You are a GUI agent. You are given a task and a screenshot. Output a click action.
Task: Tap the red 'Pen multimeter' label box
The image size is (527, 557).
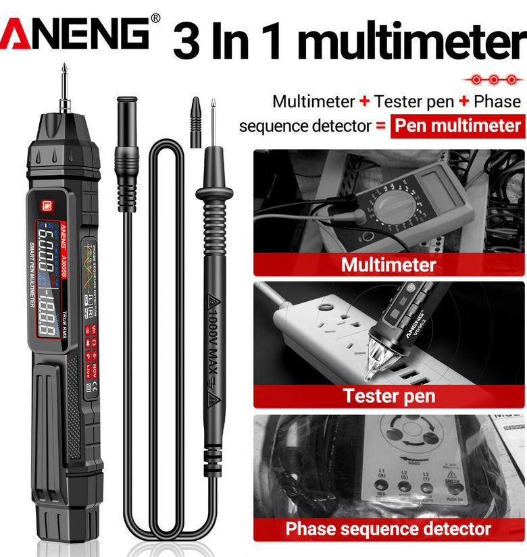pos(457,126)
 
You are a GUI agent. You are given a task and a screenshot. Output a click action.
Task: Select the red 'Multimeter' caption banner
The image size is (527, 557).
pos(388,264)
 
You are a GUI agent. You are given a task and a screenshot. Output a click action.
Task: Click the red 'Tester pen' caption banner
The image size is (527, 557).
pos(388,396)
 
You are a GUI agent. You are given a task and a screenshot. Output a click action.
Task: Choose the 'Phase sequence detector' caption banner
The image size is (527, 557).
pos(388,528)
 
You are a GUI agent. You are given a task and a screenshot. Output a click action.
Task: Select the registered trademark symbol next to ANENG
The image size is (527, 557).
pos(155,18)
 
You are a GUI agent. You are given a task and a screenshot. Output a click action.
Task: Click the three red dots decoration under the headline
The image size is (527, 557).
pos(494,80)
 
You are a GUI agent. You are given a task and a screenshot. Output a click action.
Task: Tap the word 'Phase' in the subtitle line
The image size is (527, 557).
pos(497,102)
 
